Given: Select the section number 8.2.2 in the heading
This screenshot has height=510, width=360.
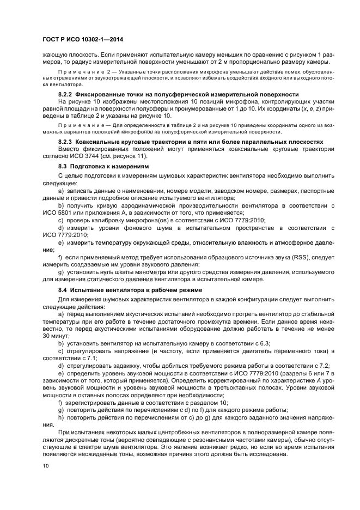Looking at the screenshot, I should click(68, 94).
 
